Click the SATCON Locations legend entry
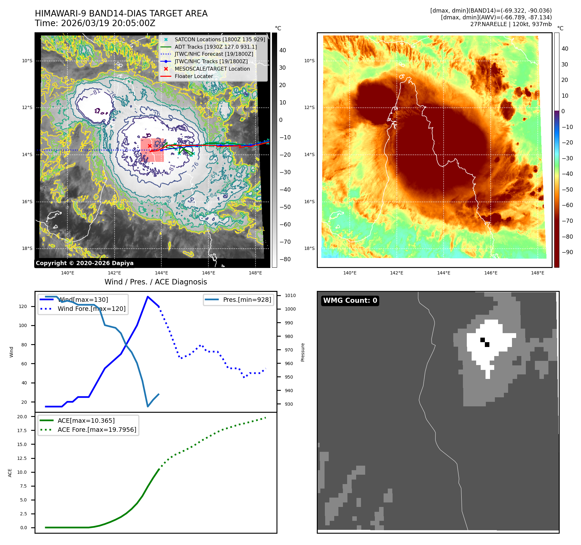[220, 39]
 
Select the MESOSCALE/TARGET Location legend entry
[212, 69]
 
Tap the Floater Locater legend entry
[194, 76]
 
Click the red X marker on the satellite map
[150, 146]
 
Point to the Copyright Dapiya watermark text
[85, 263]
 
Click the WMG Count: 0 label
[350, 301]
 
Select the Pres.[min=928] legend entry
[247, 300]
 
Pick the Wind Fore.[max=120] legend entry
[91, 309]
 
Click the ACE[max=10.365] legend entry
[86, 421]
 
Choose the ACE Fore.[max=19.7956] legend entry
[97, 430]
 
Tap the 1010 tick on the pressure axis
[290, 295]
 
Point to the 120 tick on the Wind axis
[23, 306]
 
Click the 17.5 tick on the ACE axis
[22, 431]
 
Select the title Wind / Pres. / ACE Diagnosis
[155, 282]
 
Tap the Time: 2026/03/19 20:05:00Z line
[95, 23]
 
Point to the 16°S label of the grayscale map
[27, 202]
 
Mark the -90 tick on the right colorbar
[567, 252]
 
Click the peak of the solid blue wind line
[148, 297]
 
